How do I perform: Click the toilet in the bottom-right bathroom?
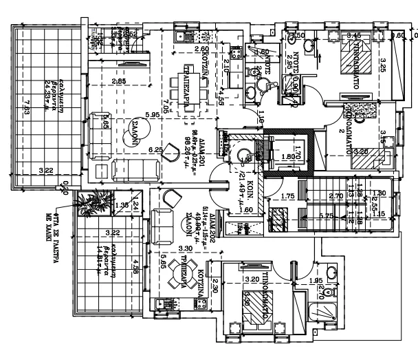coord(331,273)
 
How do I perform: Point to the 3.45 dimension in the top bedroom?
coord(354,36)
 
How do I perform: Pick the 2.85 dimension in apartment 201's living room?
coord(119,82)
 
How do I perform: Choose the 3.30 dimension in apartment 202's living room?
coord(184,248)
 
